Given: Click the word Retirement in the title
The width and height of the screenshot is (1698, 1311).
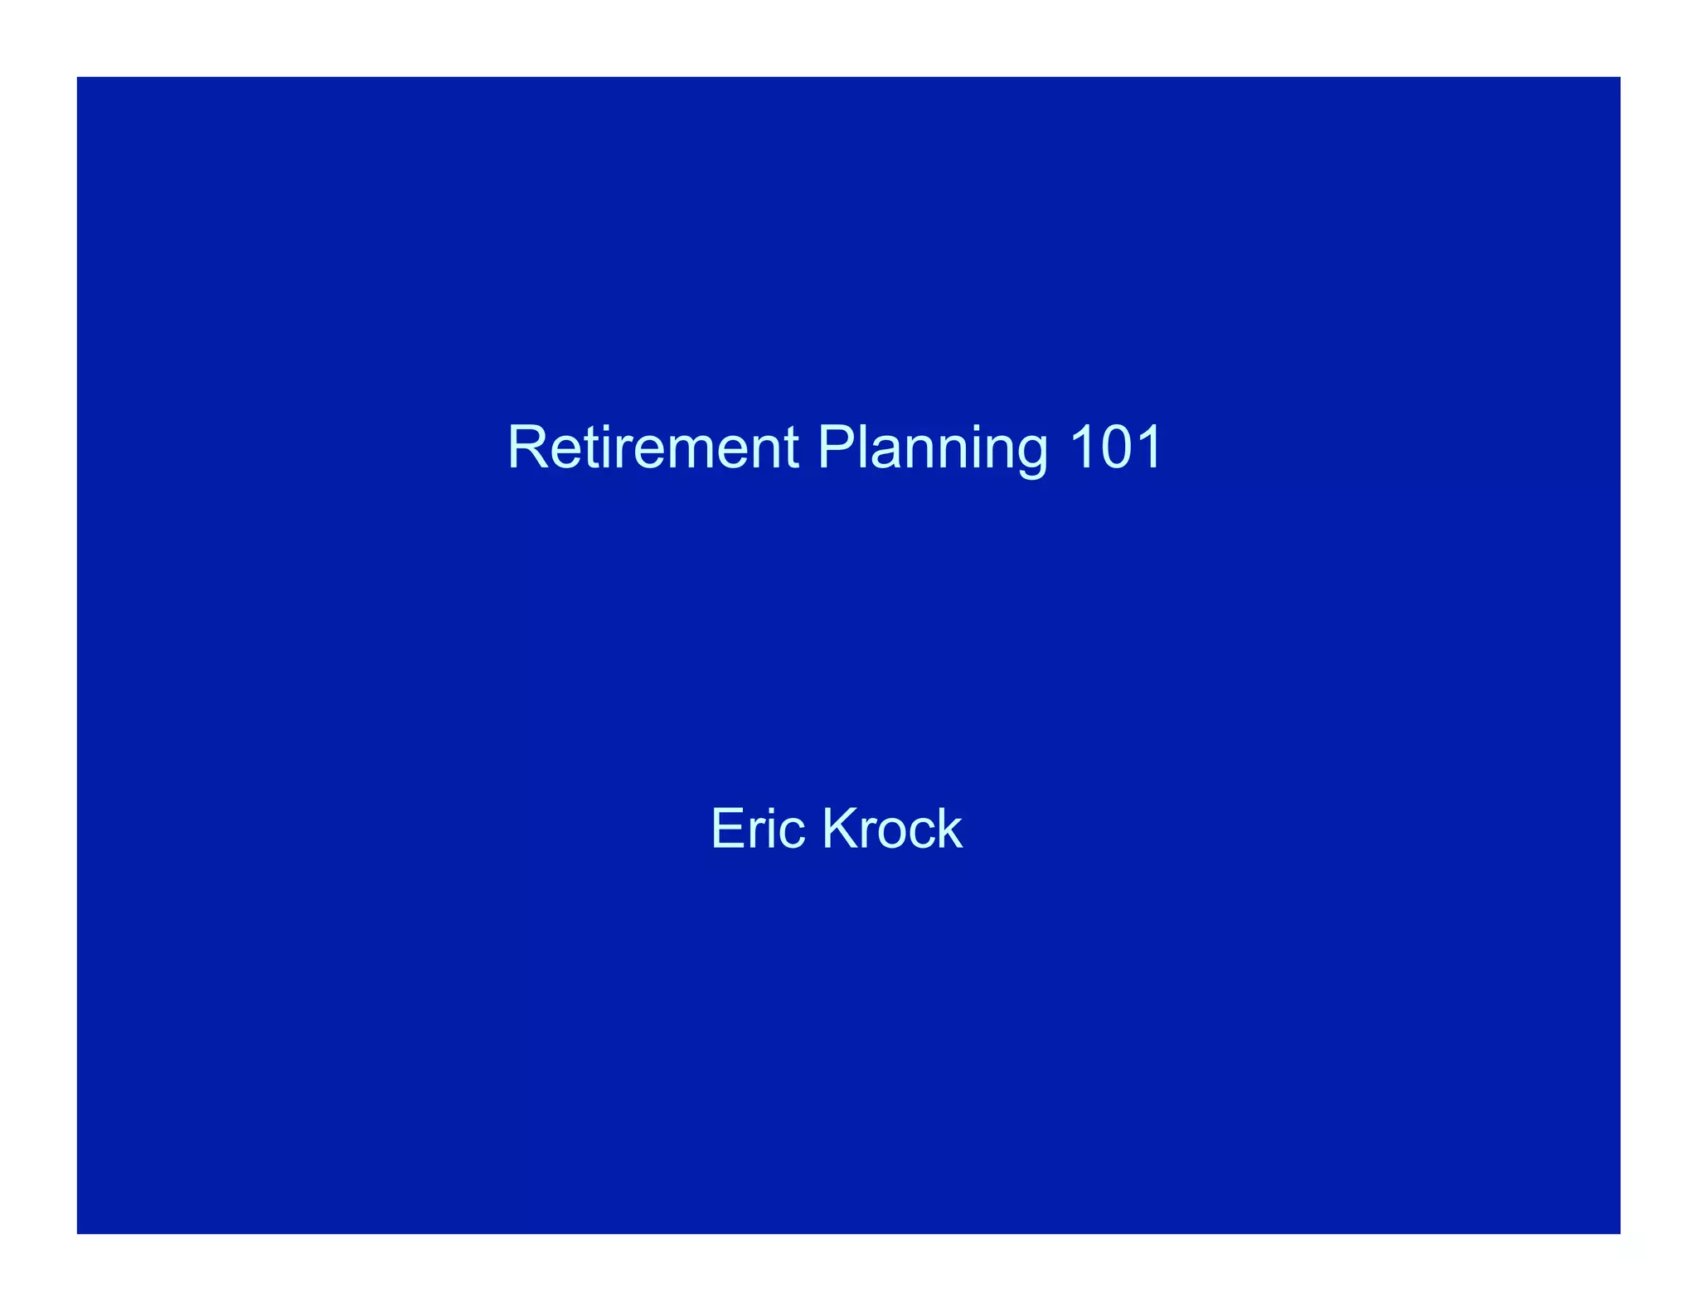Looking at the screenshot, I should pos(653,447).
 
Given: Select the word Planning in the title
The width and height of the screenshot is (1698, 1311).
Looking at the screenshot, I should pos(933,449).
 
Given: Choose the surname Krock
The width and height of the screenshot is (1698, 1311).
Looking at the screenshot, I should pos(892,828).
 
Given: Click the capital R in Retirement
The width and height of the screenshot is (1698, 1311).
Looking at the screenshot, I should pos(526,447).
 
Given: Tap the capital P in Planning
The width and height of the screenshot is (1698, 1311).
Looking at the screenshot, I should pos(836,447).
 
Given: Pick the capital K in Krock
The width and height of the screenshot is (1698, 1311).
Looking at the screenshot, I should pos(839,828).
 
